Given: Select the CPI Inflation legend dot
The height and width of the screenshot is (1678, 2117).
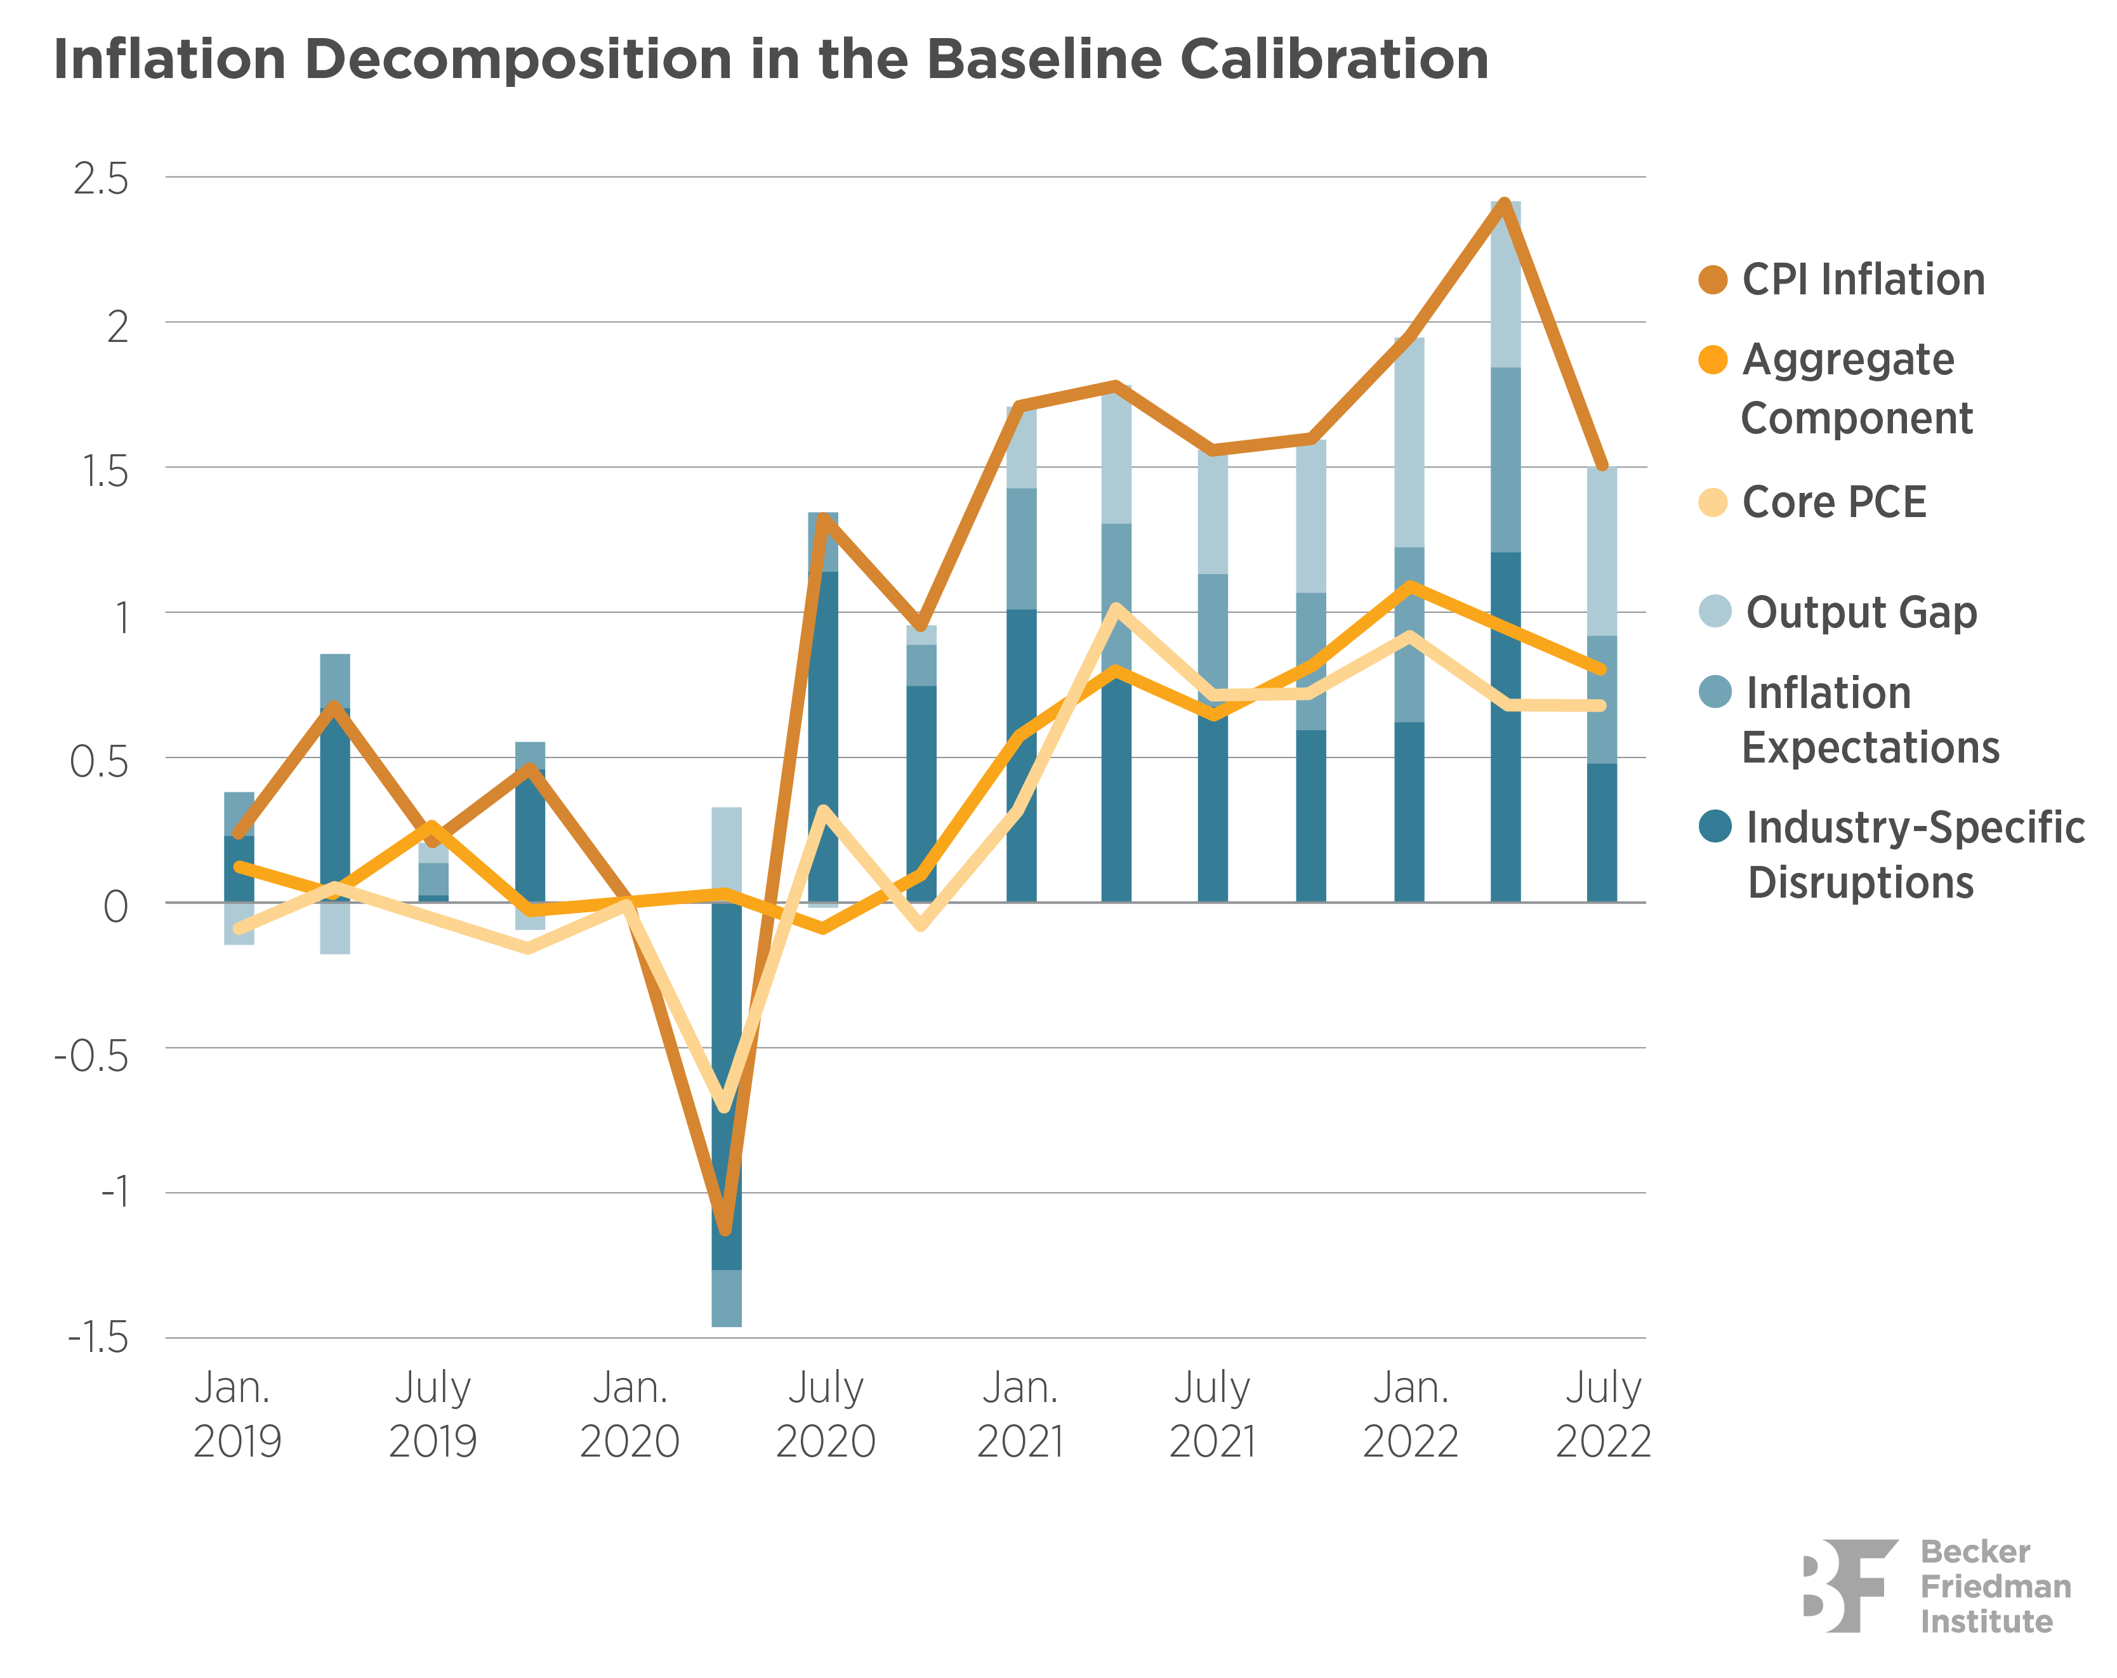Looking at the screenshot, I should pyautogui.click(x=1713, y=280).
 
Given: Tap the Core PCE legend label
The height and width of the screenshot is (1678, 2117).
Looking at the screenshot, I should pyautogui.click(x=1833, y=502).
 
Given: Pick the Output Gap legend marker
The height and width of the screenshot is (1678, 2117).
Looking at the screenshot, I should pyautogui.click(x=1715, y=612).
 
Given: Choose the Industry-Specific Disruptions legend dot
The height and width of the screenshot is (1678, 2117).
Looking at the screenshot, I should pyautogui.click(x=1715, y=826).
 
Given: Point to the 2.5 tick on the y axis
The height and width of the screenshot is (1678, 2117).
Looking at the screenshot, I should pyautogui.click(x=101, y=180).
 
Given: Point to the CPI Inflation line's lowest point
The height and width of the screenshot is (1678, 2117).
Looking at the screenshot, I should pyautogui.click(x=725, y=1229).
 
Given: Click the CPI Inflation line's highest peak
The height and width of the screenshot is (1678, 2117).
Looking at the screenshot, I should pyautogui.click(x=1504, y=203).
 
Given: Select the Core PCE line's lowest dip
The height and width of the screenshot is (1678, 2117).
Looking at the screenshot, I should pyautogui.click(x=725, y=1106).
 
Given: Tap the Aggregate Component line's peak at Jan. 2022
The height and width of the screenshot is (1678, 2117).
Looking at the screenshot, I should pyautogui.click(x=1410, y=587).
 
